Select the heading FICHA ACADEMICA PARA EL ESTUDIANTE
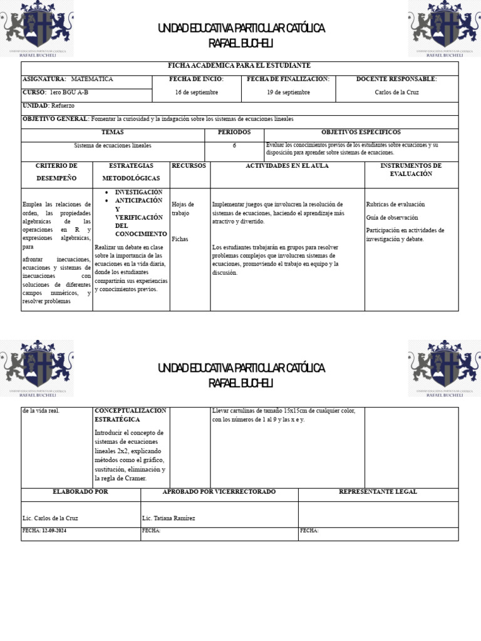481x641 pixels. [x=239, y=66]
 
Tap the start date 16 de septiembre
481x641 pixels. [x=197, y=92]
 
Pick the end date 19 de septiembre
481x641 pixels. [x=288, y=92]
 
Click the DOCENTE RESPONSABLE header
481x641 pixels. [x=396, y=79]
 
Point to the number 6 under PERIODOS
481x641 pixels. [x=234, y=145]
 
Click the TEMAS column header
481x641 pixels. [x=113, y=132]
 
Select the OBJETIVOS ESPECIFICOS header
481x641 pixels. [x=361, y=132]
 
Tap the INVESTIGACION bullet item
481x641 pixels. [x=138, y=192]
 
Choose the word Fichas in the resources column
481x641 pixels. [x=180, y=239]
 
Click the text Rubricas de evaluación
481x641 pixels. [x=395, y=204]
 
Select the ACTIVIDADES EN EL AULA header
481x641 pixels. [x=287, y=165]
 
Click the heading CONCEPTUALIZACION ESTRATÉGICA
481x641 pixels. [x=130, y=414]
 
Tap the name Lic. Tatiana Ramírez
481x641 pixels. [x=168, y=518]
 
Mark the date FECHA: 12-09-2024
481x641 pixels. [x=43, y=530]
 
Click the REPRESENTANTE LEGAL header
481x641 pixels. [x=378, y=491]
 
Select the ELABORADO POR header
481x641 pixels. [x=81, y=491]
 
